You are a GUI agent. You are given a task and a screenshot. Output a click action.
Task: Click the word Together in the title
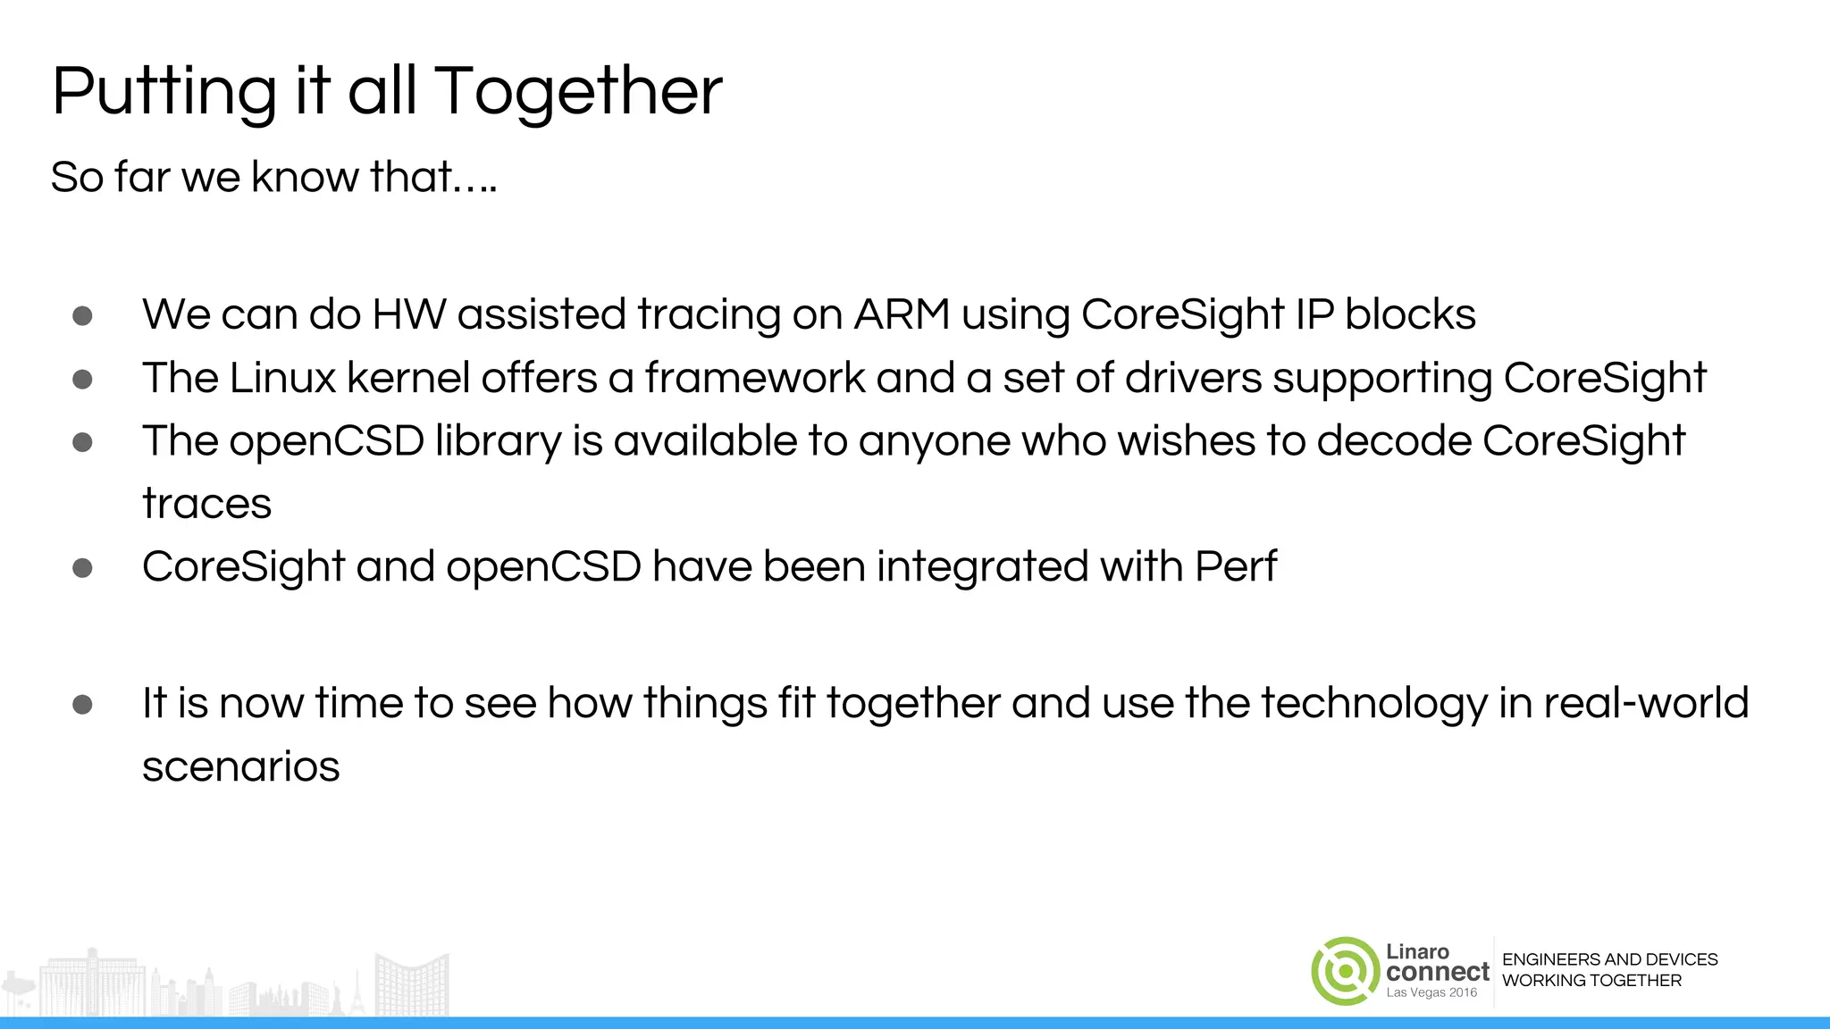pos(578,92)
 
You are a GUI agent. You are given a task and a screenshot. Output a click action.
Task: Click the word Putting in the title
pos(164,92)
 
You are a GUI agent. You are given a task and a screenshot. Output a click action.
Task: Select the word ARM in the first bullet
pos(902,314)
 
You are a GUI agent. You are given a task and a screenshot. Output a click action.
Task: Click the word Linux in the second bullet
pos(282,378)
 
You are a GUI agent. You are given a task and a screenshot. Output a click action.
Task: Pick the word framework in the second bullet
pos(755,378)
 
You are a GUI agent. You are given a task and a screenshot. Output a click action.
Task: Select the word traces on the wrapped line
pos(206,504)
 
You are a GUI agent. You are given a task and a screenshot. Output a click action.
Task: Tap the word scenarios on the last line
pos(241,766)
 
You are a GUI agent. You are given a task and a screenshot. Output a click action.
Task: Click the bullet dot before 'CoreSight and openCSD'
pos(82,568)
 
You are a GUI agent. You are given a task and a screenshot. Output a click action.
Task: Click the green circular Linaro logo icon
pos(1346,971)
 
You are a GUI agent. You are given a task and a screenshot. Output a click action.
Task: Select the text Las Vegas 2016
pos(1431,993)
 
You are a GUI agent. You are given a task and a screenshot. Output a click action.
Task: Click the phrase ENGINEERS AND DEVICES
pos(1609,959)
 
